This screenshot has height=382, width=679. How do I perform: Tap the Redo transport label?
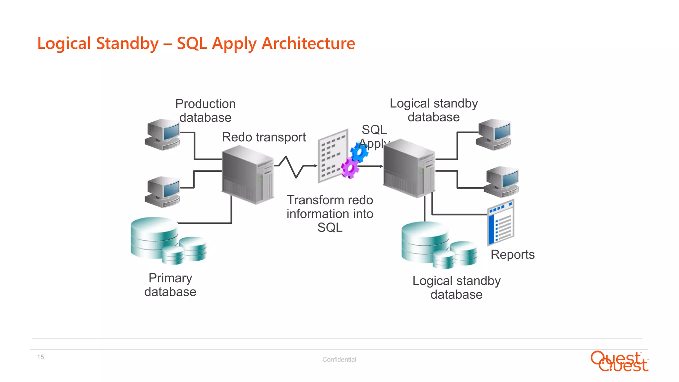[x=264, y=137]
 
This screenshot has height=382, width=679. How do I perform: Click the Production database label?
[x=205, y=110]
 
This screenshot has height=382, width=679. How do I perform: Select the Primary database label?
[x=170, y=285]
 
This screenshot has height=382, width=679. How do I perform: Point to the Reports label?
[x=512, y=254]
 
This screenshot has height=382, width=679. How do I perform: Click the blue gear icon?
[x=359, y=152]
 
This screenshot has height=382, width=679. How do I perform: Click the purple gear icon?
[x=350, y=168]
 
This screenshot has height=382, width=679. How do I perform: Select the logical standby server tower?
[x=409, y=168]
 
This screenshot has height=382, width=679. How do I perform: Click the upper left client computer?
[x=163, y=134]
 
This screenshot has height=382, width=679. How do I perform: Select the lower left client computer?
[x=163, y=192]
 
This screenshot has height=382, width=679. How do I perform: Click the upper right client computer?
[x=494, y=134]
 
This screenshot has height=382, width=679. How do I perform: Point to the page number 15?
[x=40, y=357]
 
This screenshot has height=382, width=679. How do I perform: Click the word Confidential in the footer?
[x=339, y=359]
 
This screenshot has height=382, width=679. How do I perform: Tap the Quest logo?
[x=619, y=361]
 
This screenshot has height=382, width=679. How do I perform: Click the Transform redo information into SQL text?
[x=330, y=214]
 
